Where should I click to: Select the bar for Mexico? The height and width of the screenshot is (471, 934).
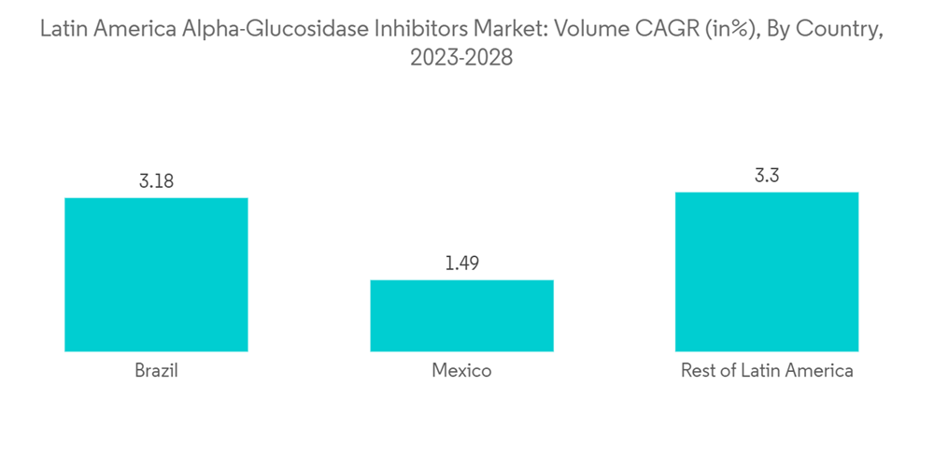461,315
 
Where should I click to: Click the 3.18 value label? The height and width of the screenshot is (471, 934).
156,181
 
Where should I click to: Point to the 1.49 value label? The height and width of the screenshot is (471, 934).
461,264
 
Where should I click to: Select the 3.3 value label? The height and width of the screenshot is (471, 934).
767,176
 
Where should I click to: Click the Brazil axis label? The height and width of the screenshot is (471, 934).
156,371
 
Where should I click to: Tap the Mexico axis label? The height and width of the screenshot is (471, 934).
461,371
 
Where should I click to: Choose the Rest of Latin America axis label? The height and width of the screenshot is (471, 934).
767,371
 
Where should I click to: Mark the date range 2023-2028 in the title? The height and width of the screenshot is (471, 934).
461,58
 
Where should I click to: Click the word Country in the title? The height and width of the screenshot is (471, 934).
842,30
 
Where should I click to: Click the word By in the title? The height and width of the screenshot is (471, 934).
778,30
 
